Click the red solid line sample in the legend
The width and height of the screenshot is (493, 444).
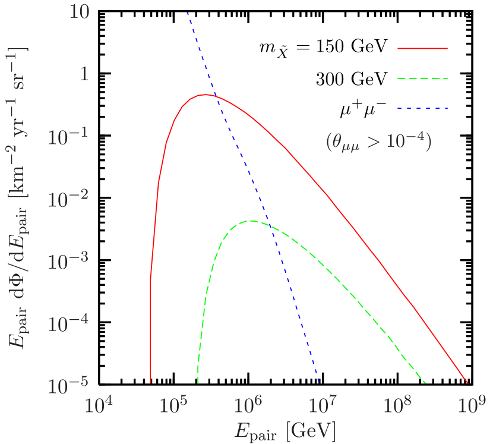click(422, 49)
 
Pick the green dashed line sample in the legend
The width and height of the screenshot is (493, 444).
click(422, 78)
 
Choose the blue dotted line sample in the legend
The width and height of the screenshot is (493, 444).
click(422, 109)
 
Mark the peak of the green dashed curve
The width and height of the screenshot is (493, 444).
click(251, 221)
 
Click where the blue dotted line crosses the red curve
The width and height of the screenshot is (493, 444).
click(214, 96)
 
